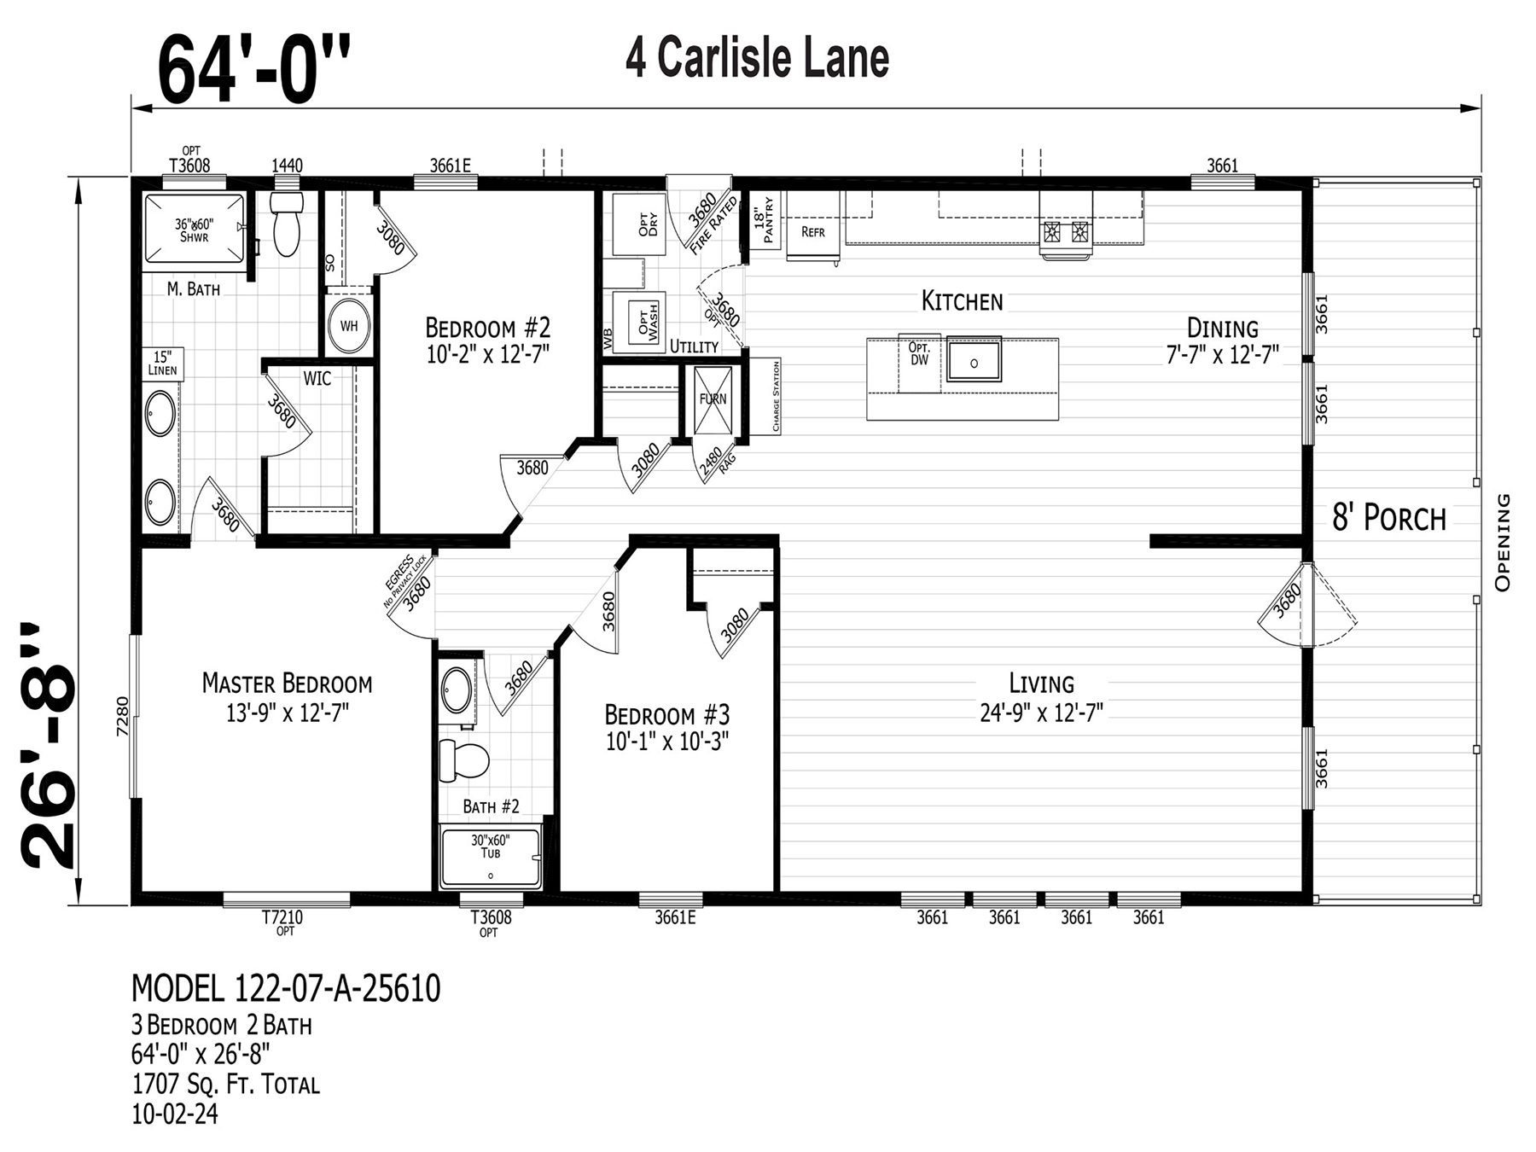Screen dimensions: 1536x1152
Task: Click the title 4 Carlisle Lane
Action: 757,58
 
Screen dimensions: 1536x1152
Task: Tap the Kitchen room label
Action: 962,301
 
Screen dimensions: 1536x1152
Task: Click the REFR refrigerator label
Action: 812,231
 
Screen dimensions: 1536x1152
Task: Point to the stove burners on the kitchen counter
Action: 1065,231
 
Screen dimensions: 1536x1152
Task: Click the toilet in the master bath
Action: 287,223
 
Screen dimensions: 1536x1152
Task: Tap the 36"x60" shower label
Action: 195,230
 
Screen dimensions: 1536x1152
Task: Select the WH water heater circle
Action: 349,325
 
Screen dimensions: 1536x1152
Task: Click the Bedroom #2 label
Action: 487,328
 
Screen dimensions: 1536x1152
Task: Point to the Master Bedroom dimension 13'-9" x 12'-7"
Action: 288,713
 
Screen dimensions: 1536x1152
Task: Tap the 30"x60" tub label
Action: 490,847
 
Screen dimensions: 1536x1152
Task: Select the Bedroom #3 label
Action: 666,714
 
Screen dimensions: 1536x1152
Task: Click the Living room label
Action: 1041,684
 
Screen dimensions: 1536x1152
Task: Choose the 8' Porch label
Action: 1389,518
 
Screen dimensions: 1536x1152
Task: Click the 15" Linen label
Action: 162,363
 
